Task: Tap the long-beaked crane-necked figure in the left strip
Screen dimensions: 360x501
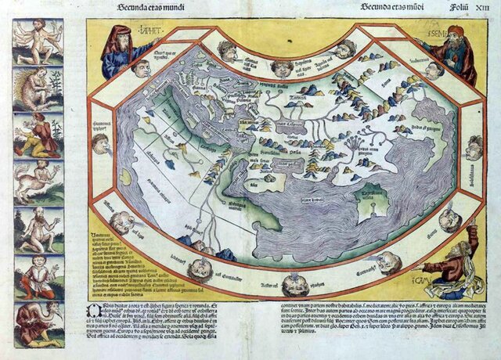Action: [x=38, y=322]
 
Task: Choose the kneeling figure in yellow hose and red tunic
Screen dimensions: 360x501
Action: [x=38, y=134]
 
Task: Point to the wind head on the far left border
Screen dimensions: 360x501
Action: [x=100, y=143]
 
